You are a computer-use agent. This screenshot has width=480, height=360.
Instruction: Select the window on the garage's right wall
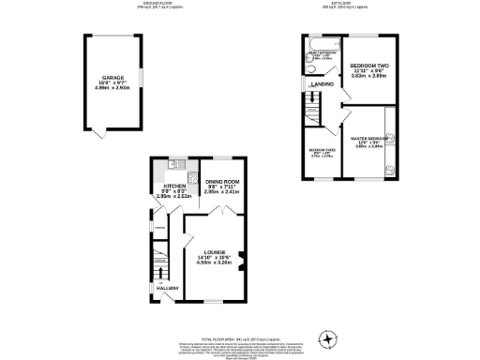click(141, 75)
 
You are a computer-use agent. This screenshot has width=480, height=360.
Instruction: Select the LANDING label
click(324, 85)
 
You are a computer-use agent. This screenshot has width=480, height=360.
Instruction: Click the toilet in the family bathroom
click(309, 68)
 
